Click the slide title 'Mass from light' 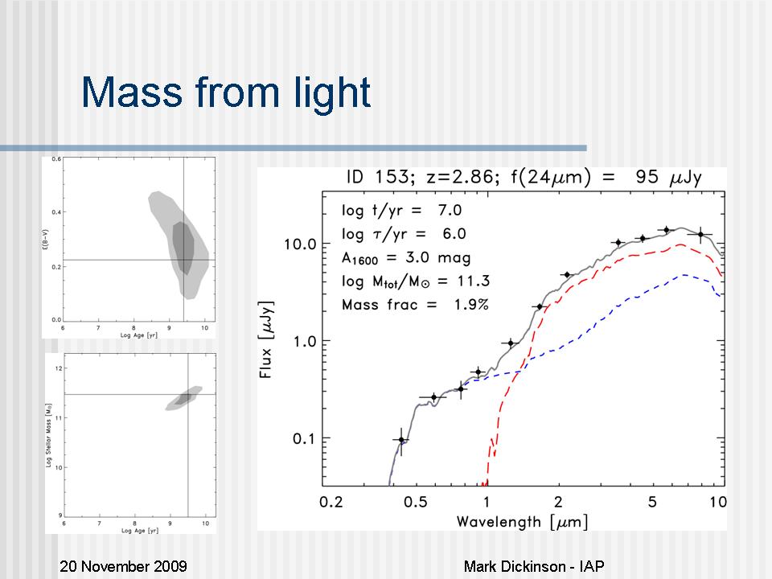click(226, 93)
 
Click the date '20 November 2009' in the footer click(124, 566)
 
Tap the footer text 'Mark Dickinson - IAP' click(534, 566)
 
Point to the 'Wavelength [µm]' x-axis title click(522, 521)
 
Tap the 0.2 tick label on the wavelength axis click(331, 501)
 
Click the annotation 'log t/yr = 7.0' click(401, 211)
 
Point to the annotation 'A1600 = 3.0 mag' click(406, 258)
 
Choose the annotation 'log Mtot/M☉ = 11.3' click(415, 281)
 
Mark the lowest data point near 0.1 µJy click(401, 440)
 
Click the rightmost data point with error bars click(700, 234)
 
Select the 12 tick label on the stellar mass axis click(57, 368)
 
